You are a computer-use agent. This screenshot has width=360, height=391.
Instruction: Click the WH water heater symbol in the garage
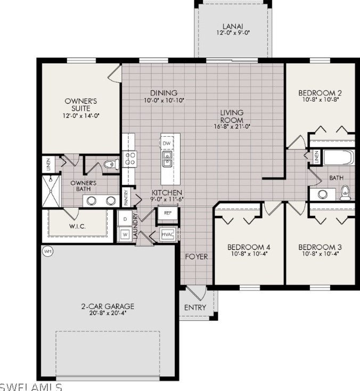click(47, 251)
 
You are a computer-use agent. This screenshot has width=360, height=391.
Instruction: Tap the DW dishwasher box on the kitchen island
click(167, 143)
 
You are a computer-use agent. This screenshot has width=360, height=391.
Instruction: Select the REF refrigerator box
click(168, 213)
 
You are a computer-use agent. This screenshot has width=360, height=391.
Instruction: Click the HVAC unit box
click(168, 235)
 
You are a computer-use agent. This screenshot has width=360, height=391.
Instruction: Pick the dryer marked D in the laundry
click(125, 219)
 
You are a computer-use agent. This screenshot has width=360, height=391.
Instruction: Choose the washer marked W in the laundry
click(125, 235)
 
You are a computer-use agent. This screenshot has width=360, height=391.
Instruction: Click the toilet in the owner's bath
click(111, 164)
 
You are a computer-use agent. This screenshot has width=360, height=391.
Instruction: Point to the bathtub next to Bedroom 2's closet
click(339, 157)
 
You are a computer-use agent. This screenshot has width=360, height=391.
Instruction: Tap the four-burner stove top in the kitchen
click(130, 159)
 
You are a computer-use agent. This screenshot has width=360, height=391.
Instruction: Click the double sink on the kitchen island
click(167, 159)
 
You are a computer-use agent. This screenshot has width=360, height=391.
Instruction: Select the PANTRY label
click(126, 198)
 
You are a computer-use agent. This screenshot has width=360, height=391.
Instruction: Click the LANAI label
click(233, 26)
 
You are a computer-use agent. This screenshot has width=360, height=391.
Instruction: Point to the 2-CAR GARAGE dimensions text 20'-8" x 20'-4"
click(108, 313)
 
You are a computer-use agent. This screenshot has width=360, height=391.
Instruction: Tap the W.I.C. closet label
click(77, 227)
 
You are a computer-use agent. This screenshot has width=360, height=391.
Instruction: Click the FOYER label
click(197, 256)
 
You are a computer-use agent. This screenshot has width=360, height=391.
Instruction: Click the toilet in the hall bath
click(345, 193)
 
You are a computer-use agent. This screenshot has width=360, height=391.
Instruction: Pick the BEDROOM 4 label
click(248, 247)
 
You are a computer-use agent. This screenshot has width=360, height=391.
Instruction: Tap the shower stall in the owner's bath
click(51, 192)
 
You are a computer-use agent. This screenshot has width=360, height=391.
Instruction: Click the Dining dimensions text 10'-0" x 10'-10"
click(164, 100)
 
